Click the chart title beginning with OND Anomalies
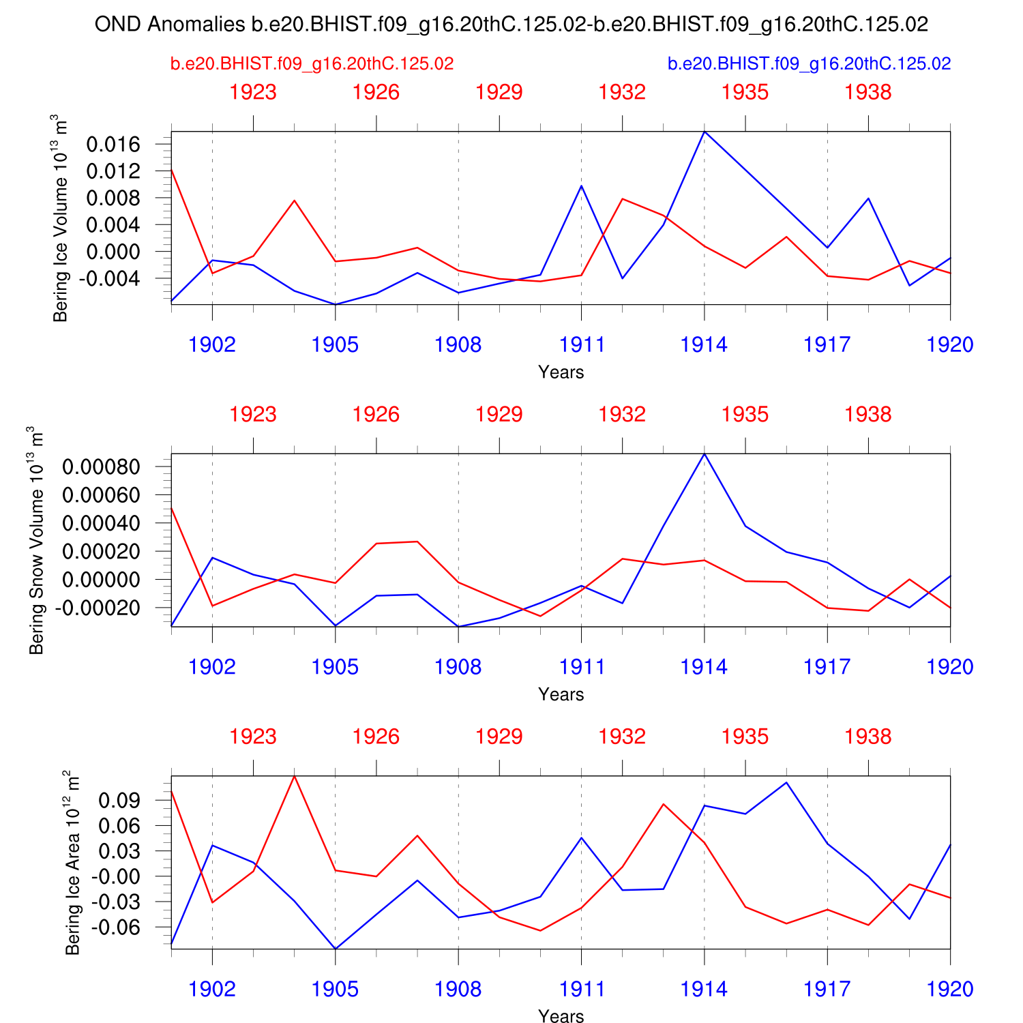[x=511, y=25]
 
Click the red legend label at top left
[x=312, y=64]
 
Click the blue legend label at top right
[x=809, y=64]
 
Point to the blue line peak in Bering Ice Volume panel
[x=705, y=132]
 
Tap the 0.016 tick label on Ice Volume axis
[x=113, y=144]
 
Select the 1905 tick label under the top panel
[x=335, y=344]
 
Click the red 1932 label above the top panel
[x=622, y=92]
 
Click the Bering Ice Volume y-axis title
[x=61, y=218]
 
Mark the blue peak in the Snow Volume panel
[x=705, y=454]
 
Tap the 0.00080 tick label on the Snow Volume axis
[x=101, y=467]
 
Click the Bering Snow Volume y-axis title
[x=37, y=540]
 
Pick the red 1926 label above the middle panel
[x=376, y=415]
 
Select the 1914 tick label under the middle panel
[x=704, y=667]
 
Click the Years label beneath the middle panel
[x=561, y=694]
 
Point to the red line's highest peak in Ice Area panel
[x=294, y=776]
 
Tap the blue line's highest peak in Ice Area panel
[x=787, y=782]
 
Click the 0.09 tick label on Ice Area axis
[x=119, y=800]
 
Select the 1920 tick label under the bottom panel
[x=949, y=989]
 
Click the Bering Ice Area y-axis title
[x=73, y=863]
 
